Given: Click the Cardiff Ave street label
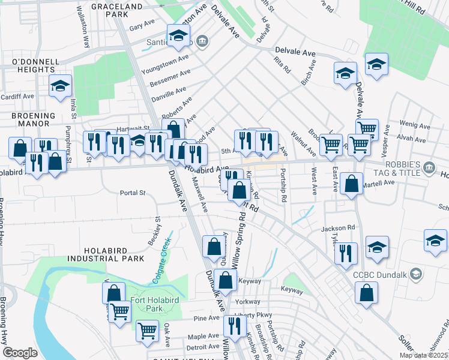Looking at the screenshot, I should pos(17,96).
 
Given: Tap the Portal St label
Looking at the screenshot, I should pos(133,193).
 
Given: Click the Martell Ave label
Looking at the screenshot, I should pos(381,182).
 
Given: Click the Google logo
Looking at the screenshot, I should pos(20,353).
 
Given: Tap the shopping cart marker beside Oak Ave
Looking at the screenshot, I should pos(147,330).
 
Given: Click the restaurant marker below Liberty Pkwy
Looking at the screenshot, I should pos(234,326).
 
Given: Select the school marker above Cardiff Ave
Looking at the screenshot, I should pos(61,86).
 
